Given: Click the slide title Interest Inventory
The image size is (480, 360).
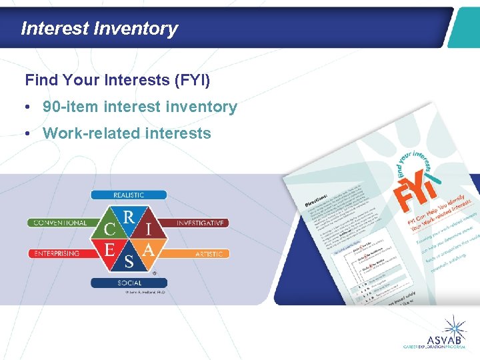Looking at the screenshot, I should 99,29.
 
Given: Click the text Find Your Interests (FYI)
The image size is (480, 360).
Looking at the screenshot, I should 117,81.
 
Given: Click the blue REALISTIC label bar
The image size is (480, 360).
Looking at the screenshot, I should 128,195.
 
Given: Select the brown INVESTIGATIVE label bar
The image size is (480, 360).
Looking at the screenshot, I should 200,223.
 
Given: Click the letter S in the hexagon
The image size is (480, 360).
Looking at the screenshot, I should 129,261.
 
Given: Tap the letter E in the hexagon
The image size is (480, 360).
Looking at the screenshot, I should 109,250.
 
